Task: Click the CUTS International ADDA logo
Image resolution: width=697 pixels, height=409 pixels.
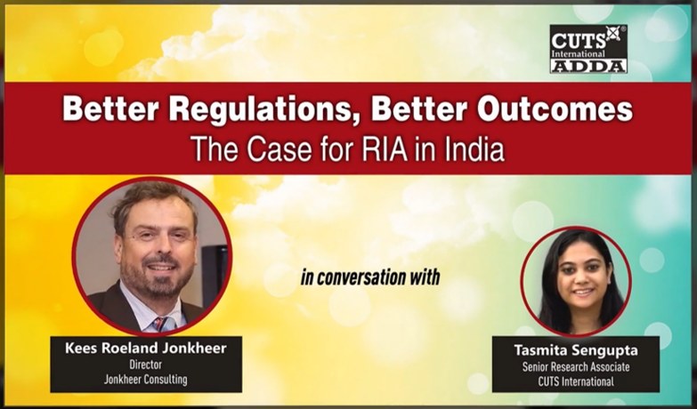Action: pyautogui.click(x=588, y=48)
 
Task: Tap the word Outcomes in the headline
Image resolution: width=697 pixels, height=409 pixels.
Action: pyautogui.click(x=555, y=108)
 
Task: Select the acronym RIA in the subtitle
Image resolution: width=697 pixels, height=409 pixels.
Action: pyautogui.click(x=385, y=149)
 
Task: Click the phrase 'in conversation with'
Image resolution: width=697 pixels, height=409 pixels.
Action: pyautogui.click(x=370, y=277)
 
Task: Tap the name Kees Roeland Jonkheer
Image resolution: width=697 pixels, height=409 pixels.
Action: pyautogui.click(x=146, y=349)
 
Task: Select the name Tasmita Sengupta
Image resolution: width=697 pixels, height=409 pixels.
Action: pyautogui.click(x=576, y=350)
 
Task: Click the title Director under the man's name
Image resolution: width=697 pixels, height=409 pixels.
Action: pyautogui.click(x=146, y=365)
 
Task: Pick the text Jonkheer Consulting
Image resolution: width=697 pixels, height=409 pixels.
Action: pyautogui.click(x=146, y=380)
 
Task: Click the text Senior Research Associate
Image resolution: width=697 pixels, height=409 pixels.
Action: pyautogui.click(x=576, y=367)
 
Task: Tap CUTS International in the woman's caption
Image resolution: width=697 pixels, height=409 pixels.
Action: pyautogui.click(x=576, y=381)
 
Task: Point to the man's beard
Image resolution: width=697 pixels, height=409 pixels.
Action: pyautogui.click(x=157, y=277)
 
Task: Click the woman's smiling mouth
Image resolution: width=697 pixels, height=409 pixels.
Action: pyautogui.click(x=583, y=293)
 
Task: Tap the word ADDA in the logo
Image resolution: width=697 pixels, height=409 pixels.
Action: pyautogui.click(x=588, y=66)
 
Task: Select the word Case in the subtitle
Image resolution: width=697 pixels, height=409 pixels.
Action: pyautogui.click(x=280, y=149)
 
